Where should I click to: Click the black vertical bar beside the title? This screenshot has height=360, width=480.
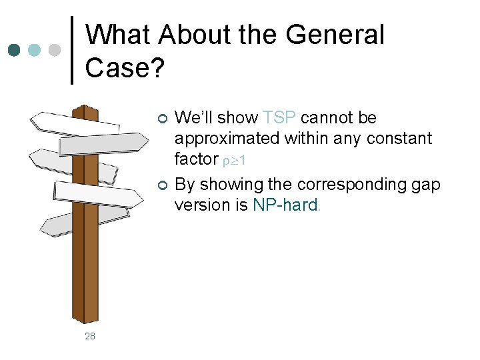point(72,51)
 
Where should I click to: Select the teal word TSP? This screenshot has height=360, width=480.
point(280,119)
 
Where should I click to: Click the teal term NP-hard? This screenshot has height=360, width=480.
point(286,205)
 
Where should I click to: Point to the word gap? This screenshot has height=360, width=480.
point(427,183)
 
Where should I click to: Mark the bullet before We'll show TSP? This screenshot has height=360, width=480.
point(161,119)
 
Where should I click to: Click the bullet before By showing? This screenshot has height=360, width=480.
point(161,184)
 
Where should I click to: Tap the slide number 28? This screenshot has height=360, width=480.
point(90,337)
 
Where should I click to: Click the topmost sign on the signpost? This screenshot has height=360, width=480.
point(73,121)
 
